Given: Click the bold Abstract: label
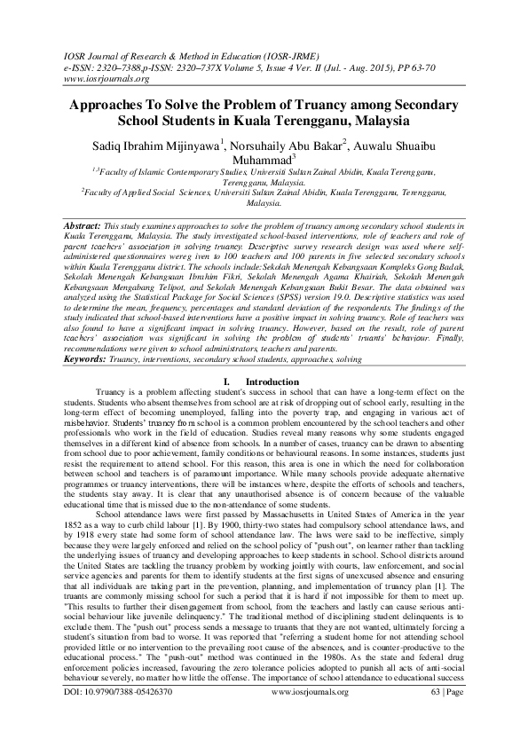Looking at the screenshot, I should pos(83,227).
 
